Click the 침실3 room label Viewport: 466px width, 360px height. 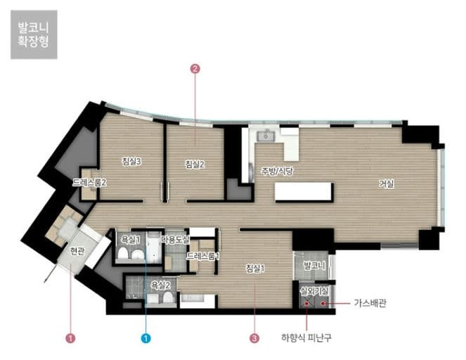(131, 162)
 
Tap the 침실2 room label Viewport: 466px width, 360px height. (195, 165)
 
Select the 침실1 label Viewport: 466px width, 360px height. (255, 269)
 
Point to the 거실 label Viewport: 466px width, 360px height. (387, 184)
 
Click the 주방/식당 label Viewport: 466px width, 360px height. (277, 171)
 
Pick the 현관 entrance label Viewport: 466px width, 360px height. (77, 251)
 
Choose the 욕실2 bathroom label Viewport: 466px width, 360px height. (161, 285)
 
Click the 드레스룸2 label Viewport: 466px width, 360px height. (89, 183)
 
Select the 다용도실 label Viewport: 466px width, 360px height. (175, 240)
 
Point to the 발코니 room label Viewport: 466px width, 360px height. (314, 266)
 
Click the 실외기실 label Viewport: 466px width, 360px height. (314, 290)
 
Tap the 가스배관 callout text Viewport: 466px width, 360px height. (370, 303)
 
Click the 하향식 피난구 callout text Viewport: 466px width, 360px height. (306, 337)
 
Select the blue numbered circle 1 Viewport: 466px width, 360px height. (146, 338)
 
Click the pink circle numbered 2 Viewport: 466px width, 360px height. (195, 69)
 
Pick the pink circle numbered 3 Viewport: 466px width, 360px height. (254, 338)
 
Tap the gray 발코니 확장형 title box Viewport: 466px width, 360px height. (34, 34)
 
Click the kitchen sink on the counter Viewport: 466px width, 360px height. (266, 136)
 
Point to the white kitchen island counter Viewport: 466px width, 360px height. (303, 192)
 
